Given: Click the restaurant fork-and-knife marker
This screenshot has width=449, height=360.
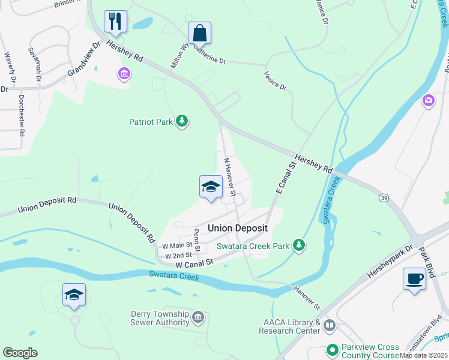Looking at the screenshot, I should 115,22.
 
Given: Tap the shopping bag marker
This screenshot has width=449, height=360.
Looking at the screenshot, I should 199,33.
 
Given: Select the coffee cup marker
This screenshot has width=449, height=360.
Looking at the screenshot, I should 414,278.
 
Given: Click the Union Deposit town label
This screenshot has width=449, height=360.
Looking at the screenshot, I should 237,228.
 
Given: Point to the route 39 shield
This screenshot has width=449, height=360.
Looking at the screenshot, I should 383,197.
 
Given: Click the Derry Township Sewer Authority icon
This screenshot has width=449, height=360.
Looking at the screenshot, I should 198,316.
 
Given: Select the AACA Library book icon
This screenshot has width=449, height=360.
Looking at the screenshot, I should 329,326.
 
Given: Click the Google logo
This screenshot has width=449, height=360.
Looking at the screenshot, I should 20,353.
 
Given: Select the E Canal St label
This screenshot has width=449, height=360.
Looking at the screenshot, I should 285,178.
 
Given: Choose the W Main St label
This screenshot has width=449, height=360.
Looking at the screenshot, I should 177,245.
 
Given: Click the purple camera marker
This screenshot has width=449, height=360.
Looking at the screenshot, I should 429,100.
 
